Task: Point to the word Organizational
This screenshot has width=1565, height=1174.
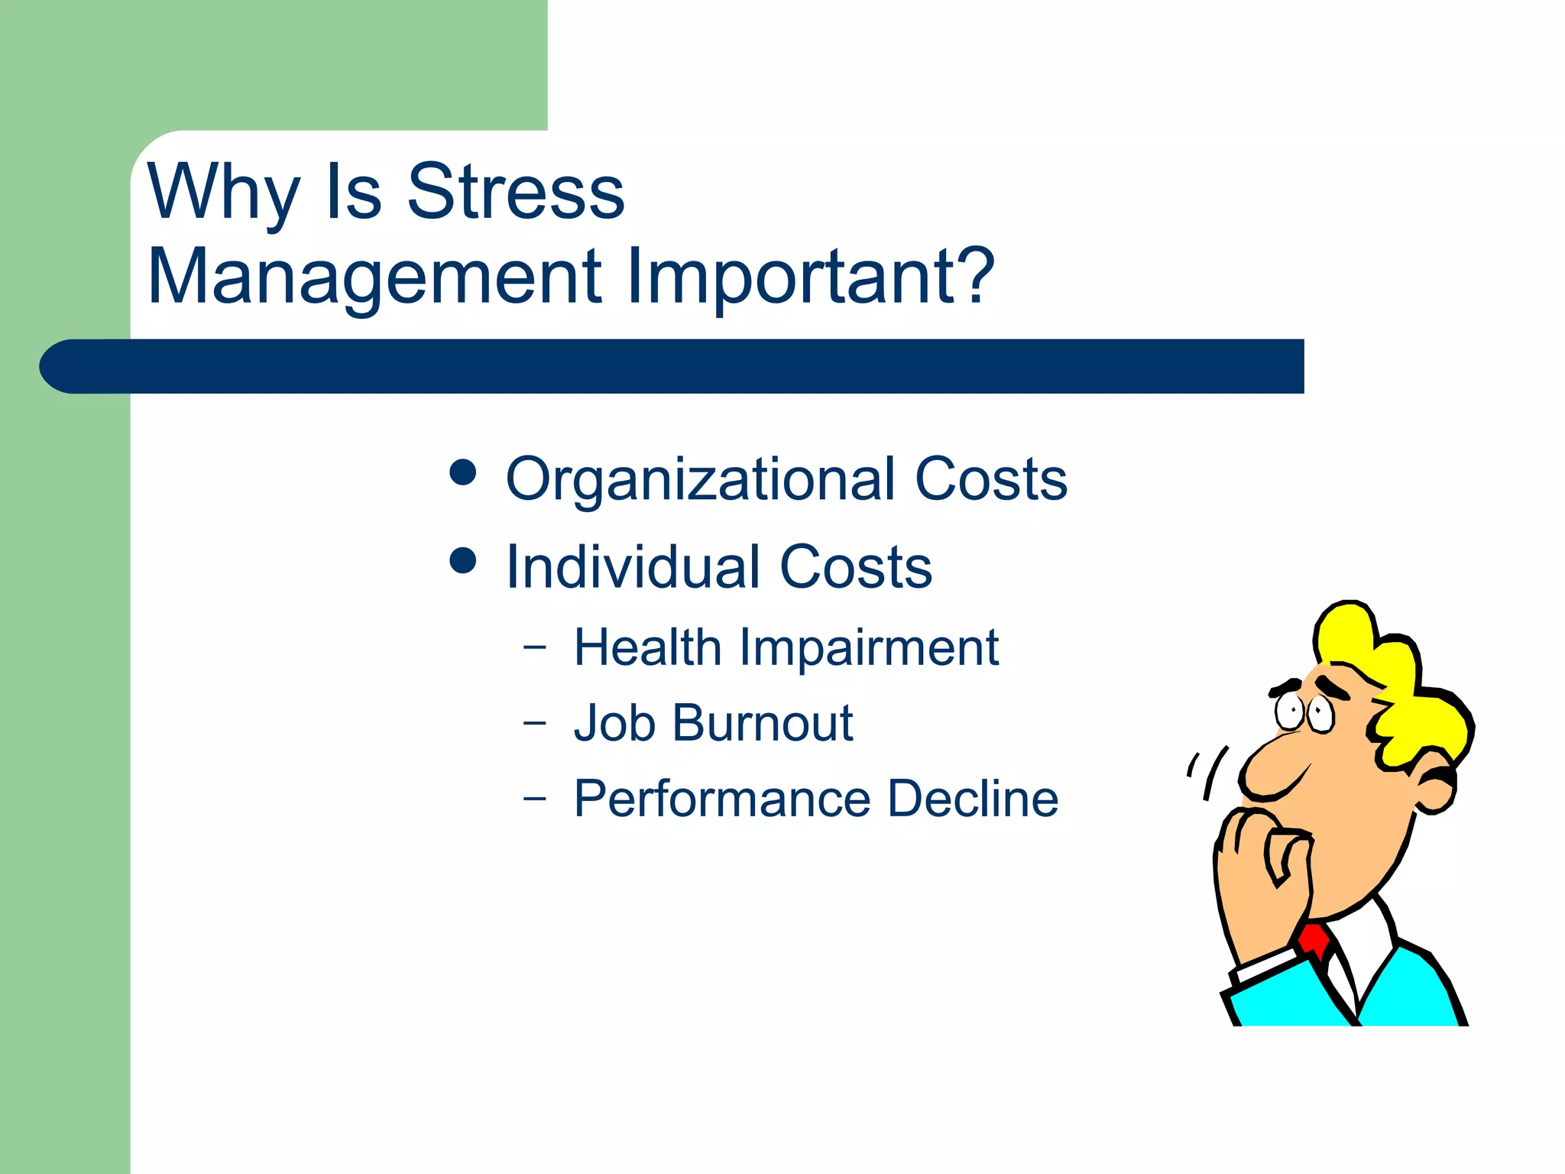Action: (x=700, y=479)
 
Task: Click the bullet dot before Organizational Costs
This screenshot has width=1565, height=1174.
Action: (x=463, y=472)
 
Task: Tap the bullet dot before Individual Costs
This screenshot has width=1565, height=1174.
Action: (x=463, y=560)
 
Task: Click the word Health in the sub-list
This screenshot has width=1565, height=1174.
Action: (x=647, y=647)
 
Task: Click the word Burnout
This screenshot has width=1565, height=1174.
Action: (x=762, y=722)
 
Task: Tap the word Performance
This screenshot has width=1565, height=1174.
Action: (x=722, y=799)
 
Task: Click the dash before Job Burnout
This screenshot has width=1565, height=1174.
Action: (x=535, y=722)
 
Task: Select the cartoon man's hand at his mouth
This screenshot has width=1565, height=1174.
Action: (x=1261, y=864)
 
